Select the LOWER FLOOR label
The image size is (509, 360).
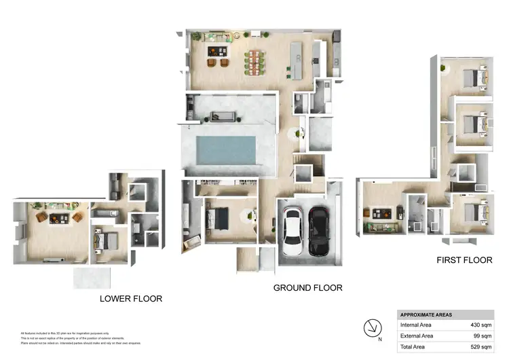131,298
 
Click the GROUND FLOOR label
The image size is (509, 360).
307,288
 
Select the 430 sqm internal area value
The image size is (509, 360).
482,325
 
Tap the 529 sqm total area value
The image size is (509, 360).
482,346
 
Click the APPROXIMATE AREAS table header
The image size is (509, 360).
426,314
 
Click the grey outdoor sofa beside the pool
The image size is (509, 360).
224,116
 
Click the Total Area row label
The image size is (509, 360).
415,346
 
